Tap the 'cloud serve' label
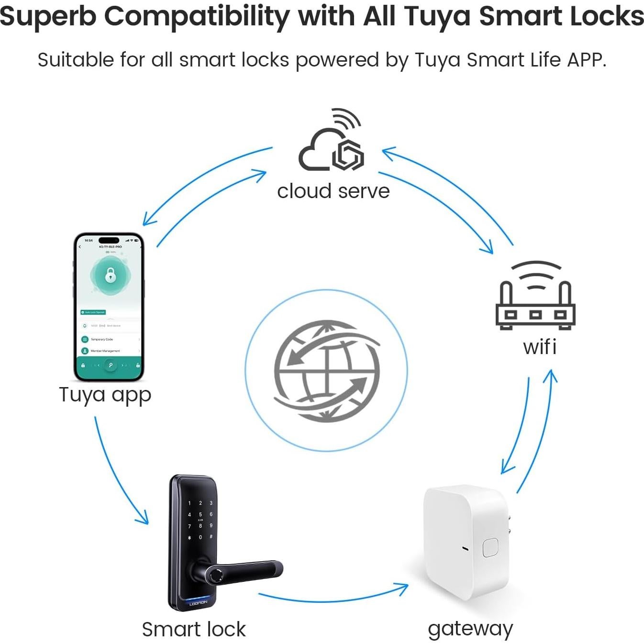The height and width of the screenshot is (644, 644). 333,191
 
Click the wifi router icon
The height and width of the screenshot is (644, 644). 535,297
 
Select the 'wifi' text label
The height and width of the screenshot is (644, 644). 540,347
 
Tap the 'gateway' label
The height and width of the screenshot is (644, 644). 470,629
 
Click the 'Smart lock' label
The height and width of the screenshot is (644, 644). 194,629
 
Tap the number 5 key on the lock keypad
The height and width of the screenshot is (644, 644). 200,515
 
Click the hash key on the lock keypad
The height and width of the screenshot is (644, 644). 211,537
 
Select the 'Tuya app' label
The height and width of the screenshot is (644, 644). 105,395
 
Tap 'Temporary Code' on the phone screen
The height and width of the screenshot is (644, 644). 102,339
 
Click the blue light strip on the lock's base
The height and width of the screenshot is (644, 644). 198,599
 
